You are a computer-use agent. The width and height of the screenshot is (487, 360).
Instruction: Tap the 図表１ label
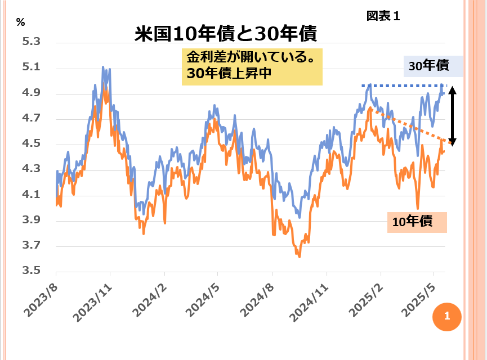coord(383,16)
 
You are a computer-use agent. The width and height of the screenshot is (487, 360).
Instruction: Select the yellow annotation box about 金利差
coord(252,66)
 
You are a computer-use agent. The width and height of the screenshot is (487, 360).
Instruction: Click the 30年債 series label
coord(430,66)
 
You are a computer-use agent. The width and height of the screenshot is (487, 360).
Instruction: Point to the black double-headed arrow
coord(453,116)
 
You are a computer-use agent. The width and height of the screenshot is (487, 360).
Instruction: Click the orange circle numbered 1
coord(446,316)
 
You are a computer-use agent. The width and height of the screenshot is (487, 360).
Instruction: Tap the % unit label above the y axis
coord(21,23)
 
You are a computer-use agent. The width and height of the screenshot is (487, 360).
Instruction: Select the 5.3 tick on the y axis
coord(32,43)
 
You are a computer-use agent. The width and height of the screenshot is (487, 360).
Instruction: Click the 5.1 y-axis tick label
coord(32,68)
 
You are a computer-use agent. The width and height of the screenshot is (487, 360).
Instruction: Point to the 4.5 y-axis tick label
coord(32,145)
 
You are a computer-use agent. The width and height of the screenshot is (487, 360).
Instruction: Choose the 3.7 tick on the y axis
coord(32,246)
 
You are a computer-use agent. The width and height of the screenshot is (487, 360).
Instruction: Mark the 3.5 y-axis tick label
coord(32,271)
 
